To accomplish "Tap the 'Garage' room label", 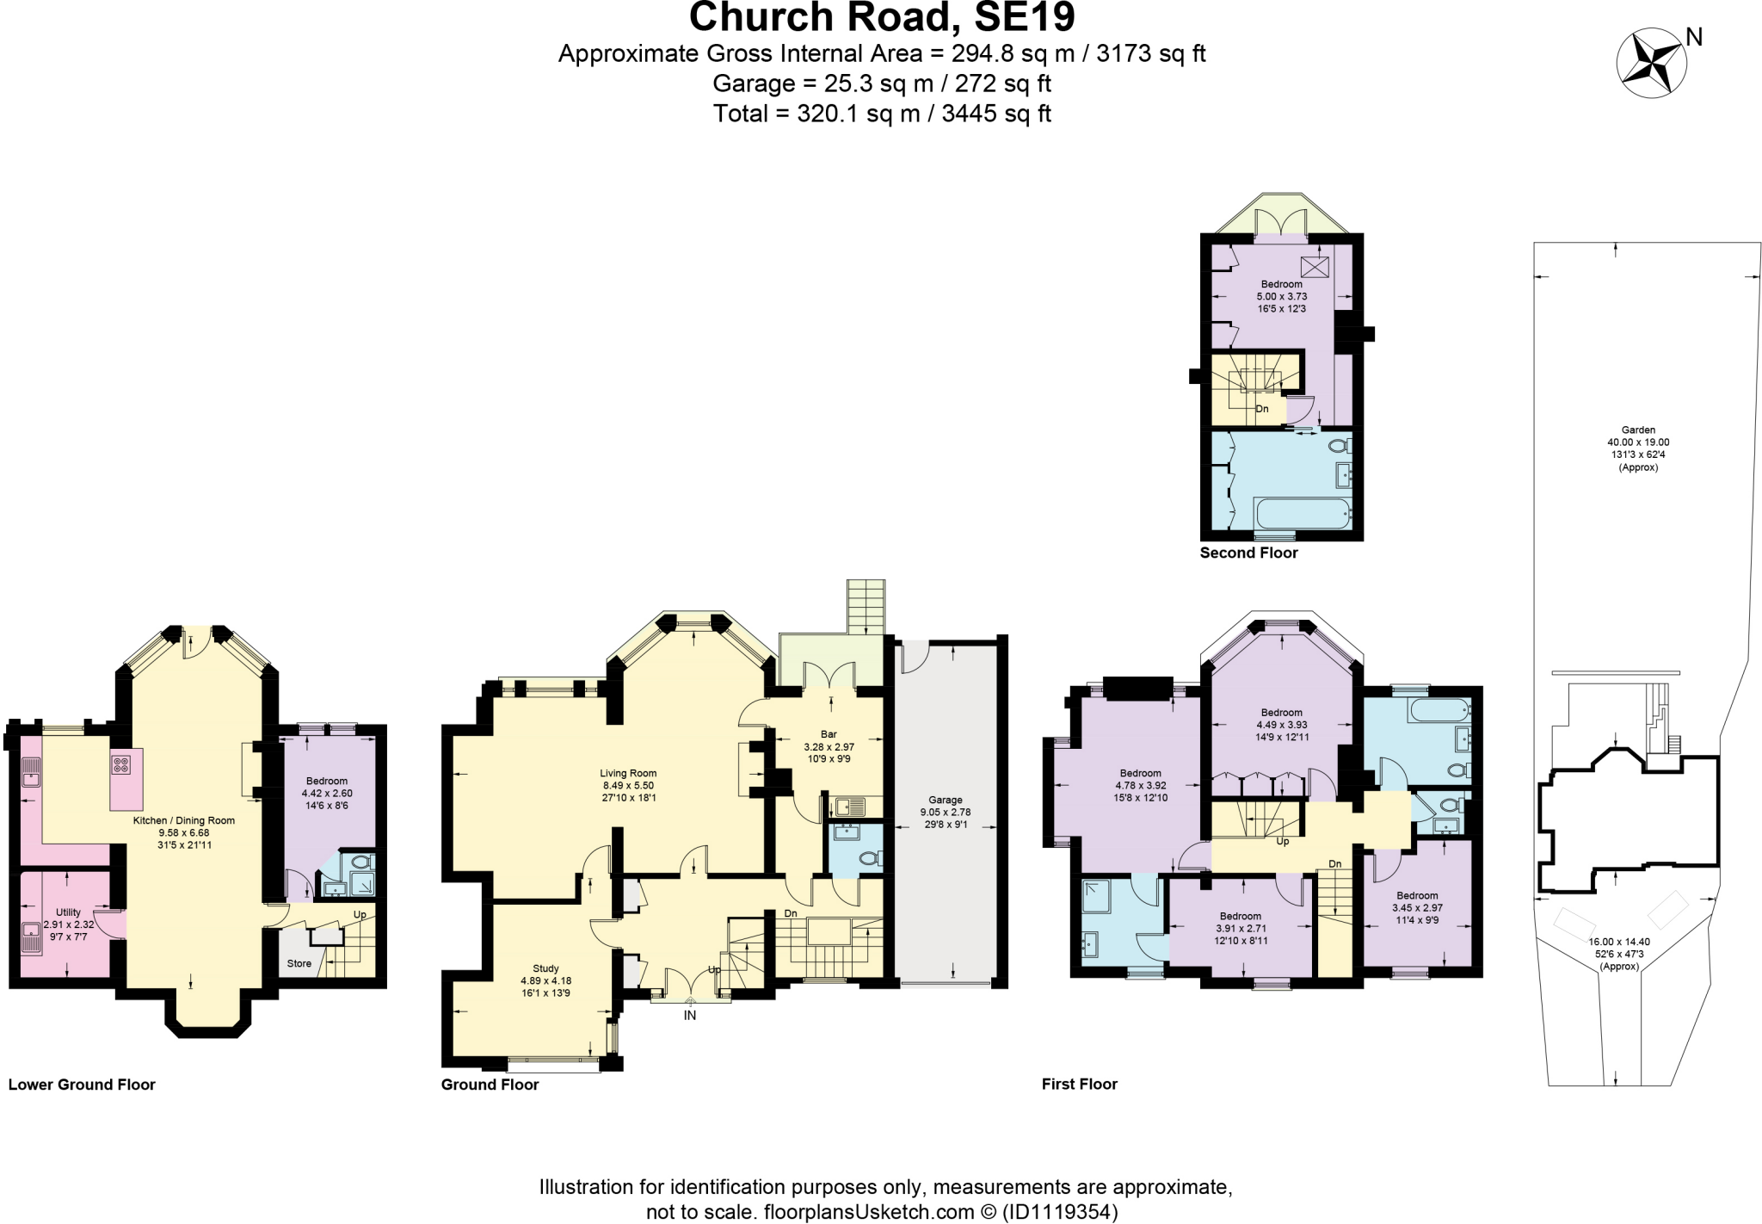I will [x=945, y=800].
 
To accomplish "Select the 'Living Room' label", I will [x=628, y=773].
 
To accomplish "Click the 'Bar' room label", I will [x=828, y=734].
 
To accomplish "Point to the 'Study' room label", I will [x=545, y=968].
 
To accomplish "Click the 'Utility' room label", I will [x=68, y=912].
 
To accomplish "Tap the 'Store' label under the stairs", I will [x=299, y=963].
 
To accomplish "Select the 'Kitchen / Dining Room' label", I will [x=183, y=820].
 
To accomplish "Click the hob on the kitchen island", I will [x=120, y=764].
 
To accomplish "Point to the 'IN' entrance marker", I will [x=689, y=1016].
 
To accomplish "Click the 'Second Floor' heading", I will [x=1248, y=553].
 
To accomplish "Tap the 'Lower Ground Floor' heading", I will [x=82, y=1085].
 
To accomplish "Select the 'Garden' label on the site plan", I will [x=1638, y=430].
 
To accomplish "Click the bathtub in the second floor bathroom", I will [x=1301, y=514].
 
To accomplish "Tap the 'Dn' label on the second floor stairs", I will [x=1262, y=409].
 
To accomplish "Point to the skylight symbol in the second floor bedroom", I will [x=1314, y=266].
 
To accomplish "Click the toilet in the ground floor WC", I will [x=869, y=858].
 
